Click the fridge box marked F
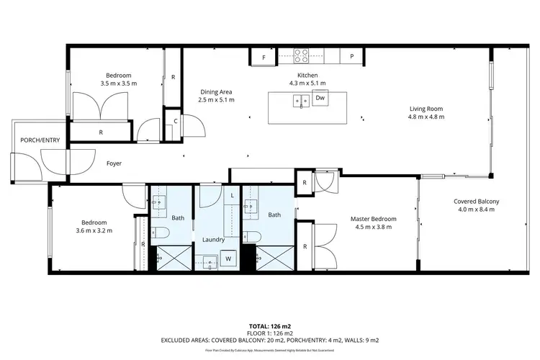click(x=264, y=56)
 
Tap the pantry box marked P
click(x=352, y=56)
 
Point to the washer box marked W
click(x=229, y=258)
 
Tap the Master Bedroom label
click(x=373, y=219)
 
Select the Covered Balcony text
click(x=476, y=201)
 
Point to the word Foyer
click(x=114, y=163)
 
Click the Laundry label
click(x=214, y=240)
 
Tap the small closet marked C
click(x=176, y=121)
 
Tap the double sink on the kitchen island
click(x=301, y=101)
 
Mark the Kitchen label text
click(x=307, y=75)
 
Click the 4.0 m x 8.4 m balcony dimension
click(x=476, y=210)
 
